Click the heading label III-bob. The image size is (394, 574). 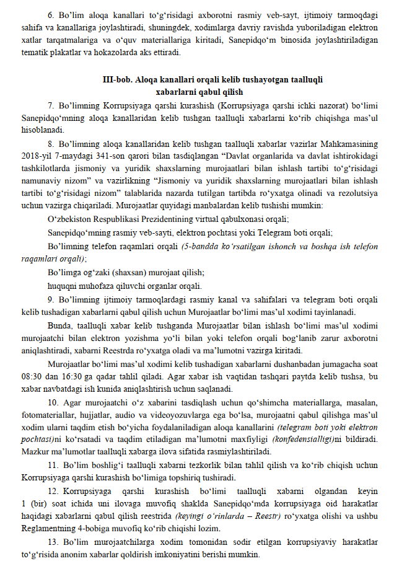click(116, 80)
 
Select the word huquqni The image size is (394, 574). click(61, 286)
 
